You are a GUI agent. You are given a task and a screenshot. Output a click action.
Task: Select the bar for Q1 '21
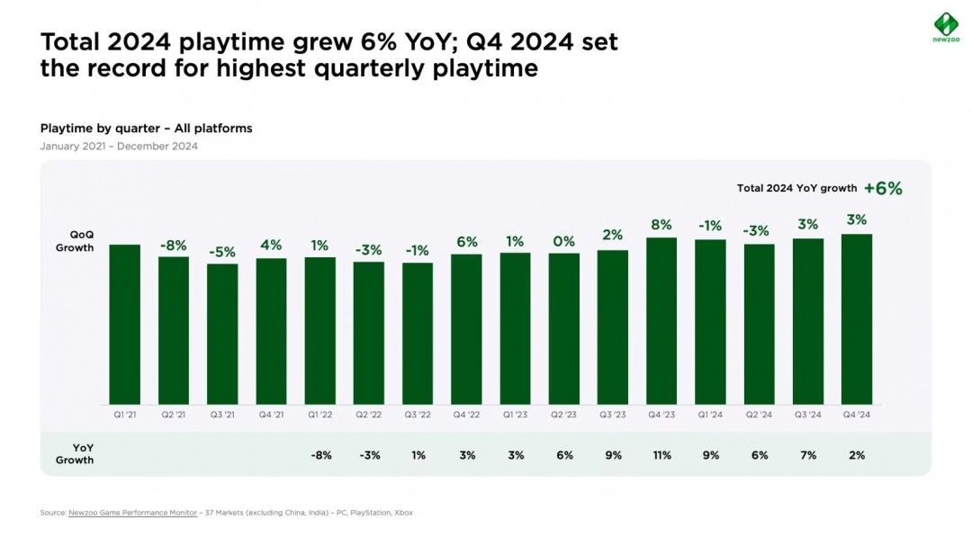click(x=125, y=324)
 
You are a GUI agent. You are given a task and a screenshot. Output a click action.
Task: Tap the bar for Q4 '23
click(x=661, y=320)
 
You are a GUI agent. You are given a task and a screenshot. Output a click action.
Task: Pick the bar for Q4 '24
click(x=856, y=318)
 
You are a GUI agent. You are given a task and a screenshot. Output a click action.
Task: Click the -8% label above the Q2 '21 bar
click(x=174, y=246)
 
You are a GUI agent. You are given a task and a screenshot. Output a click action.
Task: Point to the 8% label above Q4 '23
click(x=661, y=226)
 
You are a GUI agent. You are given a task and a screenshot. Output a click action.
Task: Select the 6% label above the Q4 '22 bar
click(x=466, y=242)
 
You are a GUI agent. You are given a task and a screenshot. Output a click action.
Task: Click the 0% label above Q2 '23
click(x=564, y=241)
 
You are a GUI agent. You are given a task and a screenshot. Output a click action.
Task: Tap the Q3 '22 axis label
click(x=418, y=415)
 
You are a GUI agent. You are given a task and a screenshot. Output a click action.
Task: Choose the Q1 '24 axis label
click(x=710, y=415)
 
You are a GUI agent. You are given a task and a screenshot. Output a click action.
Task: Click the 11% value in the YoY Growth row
click(x=661, y=455)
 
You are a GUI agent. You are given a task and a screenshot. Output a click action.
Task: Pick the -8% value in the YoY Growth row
click(x=320, y=455)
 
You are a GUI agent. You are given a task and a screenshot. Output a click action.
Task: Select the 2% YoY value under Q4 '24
click(x=856, y=455)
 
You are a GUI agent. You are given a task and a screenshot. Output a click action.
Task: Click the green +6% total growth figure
click(x=882, y=188)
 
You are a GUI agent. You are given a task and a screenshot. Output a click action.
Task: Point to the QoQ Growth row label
click(x=76, y=241)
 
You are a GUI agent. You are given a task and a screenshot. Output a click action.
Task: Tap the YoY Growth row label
click(x=76, y=454)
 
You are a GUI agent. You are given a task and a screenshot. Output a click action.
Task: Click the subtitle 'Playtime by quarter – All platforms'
click(x=146, y=129)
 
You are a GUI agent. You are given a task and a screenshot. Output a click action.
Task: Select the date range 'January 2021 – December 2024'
click(x=119, y=146)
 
